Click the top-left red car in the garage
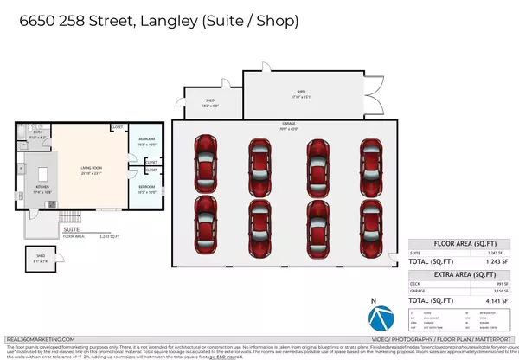click(206, 162)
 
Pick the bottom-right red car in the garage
click(371, 222)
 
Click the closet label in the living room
click(117, 128)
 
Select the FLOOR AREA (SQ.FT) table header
click(456, 245)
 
